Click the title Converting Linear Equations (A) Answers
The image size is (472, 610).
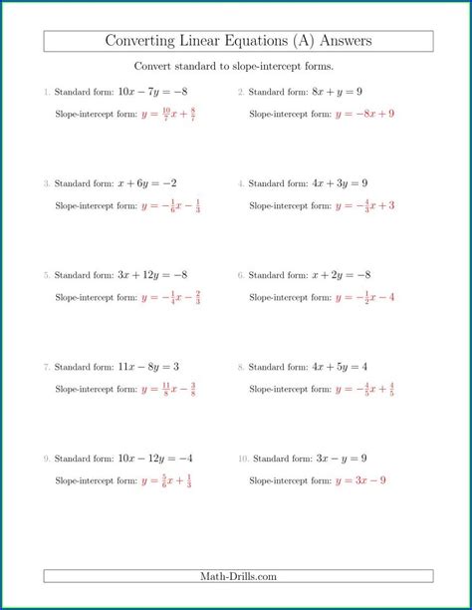tap(239, 41)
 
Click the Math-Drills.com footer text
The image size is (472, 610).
tap(239, 576)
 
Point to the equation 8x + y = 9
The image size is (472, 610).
tap(336, 92)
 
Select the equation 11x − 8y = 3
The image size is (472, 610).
tap(137, 367)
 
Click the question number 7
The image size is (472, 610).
tap(46, 368)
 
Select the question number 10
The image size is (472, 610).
tap(242, 459)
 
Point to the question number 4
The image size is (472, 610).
tap(240, 184)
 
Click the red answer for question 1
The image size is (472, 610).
tap(168, 114)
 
